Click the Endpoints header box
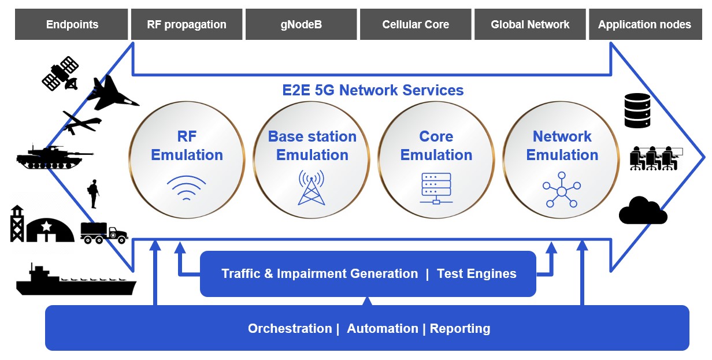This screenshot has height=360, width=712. [72, 24]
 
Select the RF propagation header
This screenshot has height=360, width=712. [187, 24]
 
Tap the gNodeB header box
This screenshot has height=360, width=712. [301, 24]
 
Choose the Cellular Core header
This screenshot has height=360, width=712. [415, 24]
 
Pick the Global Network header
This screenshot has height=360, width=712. [530, 24]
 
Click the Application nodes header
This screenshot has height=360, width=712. [644, 24]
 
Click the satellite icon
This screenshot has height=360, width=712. [60, 73]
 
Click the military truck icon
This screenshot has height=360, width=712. [103, 232]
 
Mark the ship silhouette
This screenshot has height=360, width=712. [75, 281]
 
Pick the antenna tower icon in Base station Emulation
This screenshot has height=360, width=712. [312, 187]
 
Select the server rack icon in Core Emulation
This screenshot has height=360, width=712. [436, 188]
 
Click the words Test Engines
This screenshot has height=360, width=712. [476, 274]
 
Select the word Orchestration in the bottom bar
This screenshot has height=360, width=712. [290, 329]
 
